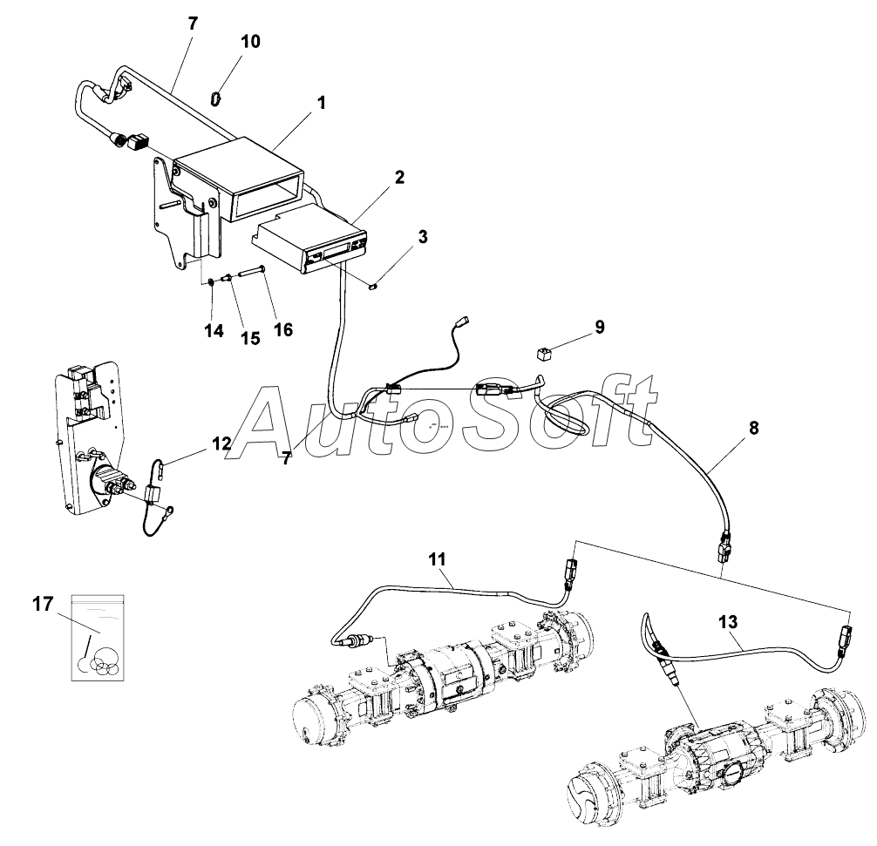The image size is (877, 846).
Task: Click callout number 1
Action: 321,103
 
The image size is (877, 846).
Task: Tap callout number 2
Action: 398,178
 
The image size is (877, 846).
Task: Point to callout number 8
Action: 753,428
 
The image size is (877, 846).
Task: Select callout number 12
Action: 221,443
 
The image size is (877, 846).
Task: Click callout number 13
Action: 728,622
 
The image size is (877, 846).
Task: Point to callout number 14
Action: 214,331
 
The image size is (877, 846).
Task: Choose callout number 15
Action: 250,338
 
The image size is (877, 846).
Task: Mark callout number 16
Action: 282,329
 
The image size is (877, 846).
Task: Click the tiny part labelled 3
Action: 373,283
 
